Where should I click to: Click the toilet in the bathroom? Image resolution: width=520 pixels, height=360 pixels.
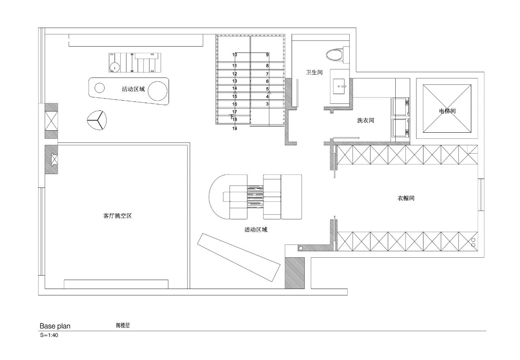click(x=336, y=54)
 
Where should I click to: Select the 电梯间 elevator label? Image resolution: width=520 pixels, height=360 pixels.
click(x=447, y=111)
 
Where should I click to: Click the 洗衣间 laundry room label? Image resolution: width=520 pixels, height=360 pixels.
click(x=365, y=121)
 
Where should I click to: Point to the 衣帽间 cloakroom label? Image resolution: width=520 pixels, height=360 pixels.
click(x=406, y=198)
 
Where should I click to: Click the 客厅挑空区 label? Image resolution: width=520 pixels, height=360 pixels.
click(x=117, y=216)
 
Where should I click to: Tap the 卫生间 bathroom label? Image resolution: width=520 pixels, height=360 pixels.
click(x=314, y=72)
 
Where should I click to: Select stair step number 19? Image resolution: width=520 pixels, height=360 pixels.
click(x=234, y=129)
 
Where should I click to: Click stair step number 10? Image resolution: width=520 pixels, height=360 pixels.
click(x=234, y=54)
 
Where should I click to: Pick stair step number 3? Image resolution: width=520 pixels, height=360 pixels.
click(x=267, y=104)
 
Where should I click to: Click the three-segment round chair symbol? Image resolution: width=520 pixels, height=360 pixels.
click(x=97, y=120)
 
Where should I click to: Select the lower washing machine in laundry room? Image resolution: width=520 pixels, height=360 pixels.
click(x=401, y=127)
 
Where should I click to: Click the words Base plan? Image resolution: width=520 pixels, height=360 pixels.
click(x=55, y=326)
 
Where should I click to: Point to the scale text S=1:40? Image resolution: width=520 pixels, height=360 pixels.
click(x=49, y=336)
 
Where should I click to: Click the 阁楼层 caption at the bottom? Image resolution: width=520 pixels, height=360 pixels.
click(x=122, y=325)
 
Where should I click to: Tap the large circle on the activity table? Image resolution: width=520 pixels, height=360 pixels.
click(x=158, y=90)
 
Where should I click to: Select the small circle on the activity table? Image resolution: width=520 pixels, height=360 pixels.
click(x=99, y=87)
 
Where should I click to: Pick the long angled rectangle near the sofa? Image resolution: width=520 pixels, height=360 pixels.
click(x=239, y=258)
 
